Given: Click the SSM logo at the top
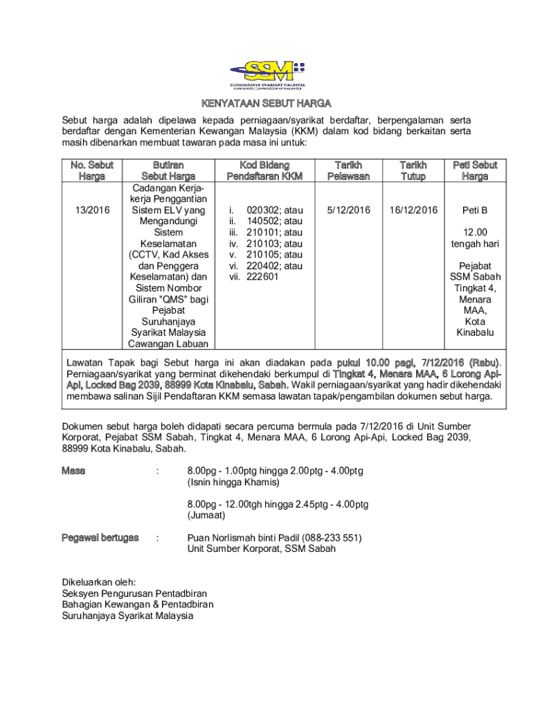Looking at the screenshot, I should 266,73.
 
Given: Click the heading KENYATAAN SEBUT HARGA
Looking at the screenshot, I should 266,104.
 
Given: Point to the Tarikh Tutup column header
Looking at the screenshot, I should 413,170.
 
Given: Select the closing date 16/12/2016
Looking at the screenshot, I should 413,210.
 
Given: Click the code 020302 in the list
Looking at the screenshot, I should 262,210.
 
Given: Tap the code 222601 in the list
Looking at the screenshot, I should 262,277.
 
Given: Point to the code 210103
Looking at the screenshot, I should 262,244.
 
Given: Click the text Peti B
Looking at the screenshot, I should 475,210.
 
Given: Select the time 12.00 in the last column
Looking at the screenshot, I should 475,233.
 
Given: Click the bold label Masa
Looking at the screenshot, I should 73,471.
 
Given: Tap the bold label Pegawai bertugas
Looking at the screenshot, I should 100,537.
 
